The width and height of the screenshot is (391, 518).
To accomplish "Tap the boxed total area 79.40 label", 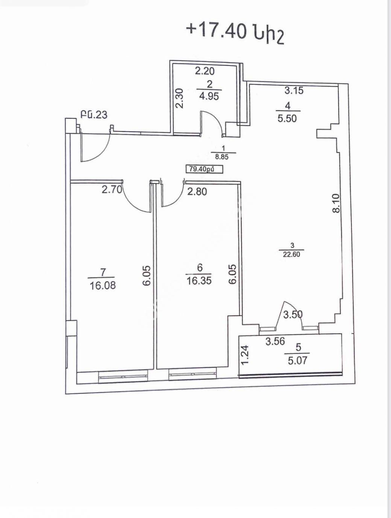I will pyautogui.click(x=205, y=169).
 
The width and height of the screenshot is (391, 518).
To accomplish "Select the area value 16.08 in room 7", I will pyautogui.click(x=103, y=286).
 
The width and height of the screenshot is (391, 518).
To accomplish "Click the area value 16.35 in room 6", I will pyautogui.click(x=199, y=281).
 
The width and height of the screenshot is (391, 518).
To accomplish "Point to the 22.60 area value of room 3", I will pyautogui.click(x=292, y=254).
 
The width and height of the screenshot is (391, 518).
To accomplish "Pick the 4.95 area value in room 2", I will pyautogui.click(x=209, y=96).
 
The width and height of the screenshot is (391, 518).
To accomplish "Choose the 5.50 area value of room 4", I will pyautogui.click(x=287, y=118).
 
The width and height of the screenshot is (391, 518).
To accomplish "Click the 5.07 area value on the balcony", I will pyautogui.click(x=298, y=360).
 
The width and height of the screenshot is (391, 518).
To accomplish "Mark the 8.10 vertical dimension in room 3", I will pyautogui.click(x=336, y=203).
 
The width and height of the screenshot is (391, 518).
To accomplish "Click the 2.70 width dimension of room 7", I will pyautogui.click(x=112, y=189).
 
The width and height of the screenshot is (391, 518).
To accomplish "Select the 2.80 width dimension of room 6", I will pyautogui.click(x=197, y=191).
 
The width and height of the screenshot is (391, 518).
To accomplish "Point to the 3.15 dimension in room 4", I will pyautogui.click(x=294, y=90).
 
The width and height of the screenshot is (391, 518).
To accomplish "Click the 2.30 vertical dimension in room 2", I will pyautogui.click(x=179, y=98).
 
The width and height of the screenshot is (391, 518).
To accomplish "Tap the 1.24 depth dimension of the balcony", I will pyautogui.click(x=245, y=355).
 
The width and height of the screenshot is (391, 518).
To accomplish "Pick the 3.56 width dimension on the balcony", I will pyautogui.click(x=275, y=341).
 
